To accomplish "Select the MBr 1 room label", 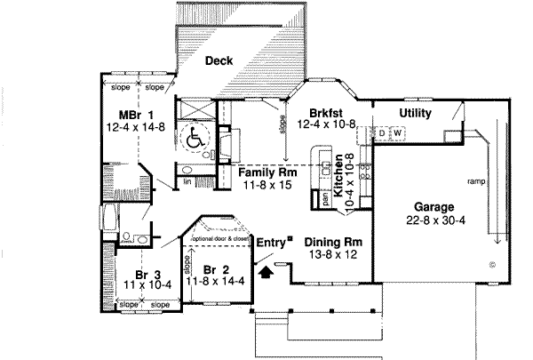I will point(137,115).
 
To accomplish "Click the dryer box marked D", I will point(383,134).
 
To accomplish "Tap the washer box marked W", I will point(397,134).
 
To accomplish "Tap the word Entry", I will point(270,241).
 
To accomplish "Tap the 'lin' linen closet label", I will point(188,181).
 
